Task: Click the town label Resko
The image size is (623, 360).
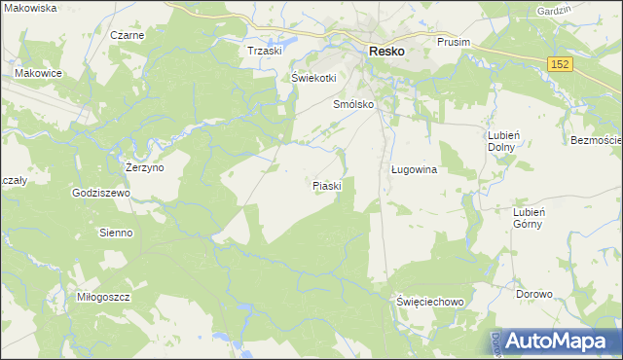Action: click(385, 52)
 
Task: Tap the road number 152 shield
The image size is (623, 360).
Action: click(559, 63)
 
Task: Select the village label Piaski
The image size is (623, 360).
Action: click(326, 185)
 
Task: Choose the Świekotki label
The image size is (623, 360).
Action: click(313, 78)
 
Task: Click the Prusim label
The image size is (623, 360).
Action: click(454, 42)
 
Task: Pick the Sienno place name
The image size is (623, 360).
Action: click(116, 234)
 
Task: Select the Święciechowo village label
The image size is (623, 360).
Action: click(430, 302)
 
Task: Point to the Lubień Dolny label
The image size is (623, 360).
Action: click(500, 140)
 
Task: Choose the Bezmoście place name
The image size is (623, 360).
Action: click(596, 140)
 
